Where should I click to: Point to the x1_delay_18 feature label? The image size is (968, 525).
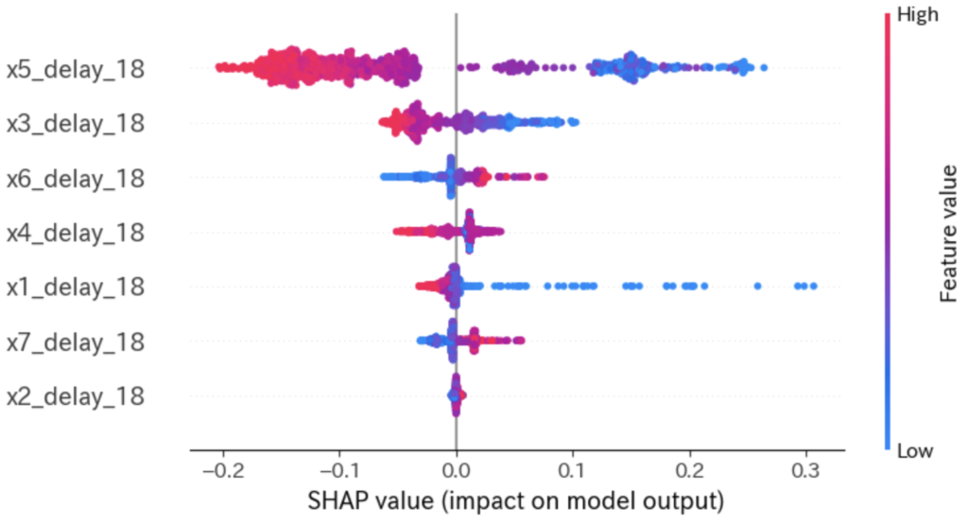[76, 286]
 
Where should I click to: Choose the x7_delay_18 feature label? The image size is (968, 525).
[76, 341]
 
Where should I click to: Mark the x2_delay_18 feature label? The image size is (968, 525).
[76, 394]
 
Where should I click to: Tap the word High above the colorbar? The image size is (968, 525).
[911, 15]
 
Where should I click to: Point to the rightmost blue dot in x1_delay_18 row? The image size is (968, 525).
[812, 286]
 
